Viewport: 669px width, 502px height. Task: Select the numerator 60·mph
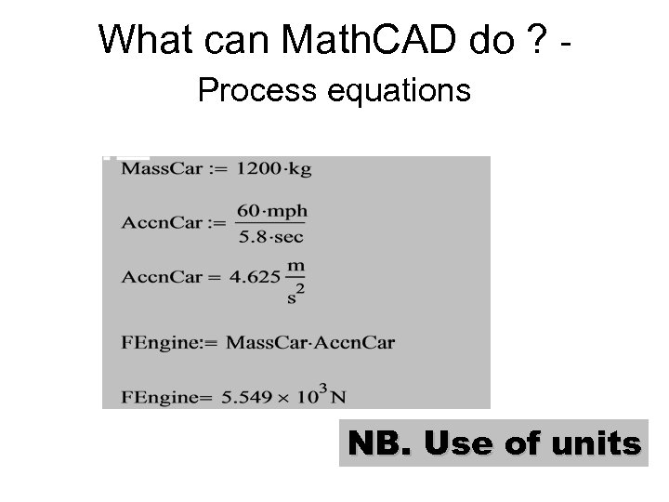point(271,212)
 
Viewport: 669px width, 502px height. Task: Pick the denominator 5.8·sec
point(271,236)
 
